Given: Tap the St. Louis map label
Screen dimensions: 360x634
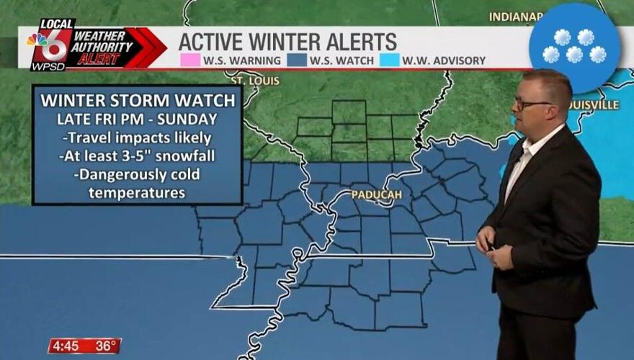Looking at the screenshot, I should (x=254, y=81).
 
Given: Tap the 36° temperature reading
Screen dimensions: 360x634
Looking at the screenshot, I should (x=105, y=346).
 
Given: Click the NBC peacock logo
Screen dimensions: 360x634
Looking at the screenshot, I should (x=37, y=40).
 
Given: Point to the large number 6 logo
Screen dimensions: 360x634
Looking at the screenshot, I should (x=57, y=45).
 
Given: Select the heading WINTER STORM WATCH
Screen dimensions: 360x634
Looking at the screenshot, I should (x=137, y=100).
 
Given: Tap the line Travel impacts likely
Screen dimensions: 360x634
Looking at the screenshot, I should (x=137, y=138).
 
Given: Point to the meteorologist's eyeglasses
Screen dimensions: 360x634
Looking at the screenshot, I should (x=531, y=104).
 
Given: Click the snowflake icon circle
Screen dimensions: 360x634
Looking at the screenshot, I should (x=573, y=46).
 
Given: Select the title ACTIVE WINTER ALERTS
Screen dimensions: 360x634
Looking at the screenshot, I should (x=287, y=40).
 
